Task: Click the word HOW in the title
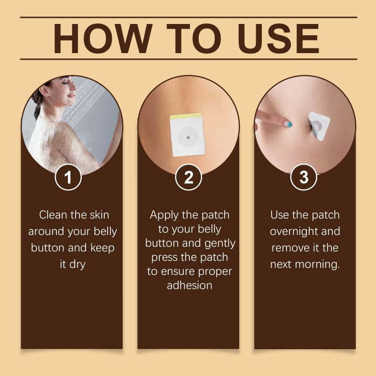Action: click(102, 39)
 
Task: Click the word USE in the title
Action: click(278, 39)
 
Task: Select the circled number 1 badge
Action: click(68, 177)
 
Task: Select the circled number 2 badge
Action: click(188, 177)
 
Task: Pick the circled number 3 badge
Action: click(304, 177)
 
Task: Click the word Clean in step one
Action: click(53, 215)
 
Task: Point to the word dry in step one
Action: click(77, 265)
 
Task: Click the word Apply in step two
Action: click(164, 215)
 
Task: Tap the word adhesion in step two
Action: click(189, 285)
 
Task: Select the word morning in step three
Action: click(317, 265)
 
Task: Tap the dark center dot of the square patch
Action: click(188, 138)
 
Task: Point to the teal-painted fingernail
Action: click(289, 124)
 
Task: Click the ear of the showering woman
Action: click(43, 91)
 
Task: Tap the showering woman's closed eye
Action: click(65, 83)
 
